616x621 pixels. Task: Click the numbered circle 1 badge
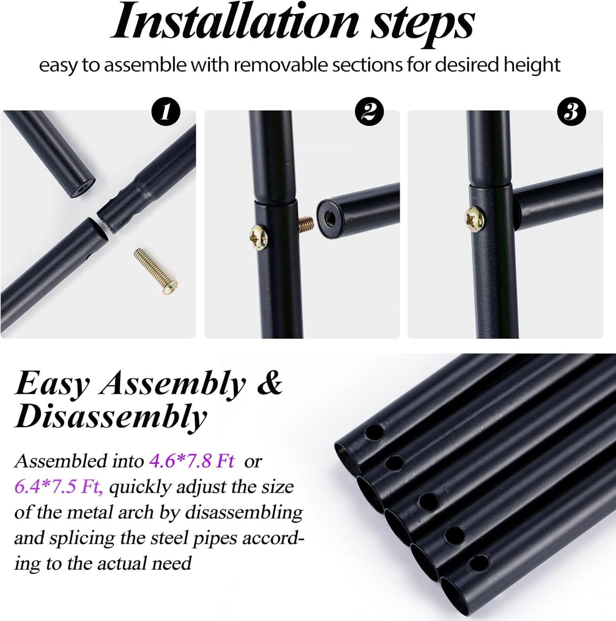tap(166, 112)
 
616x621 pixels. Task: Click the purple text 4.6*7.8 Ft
tap(192, 461)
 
